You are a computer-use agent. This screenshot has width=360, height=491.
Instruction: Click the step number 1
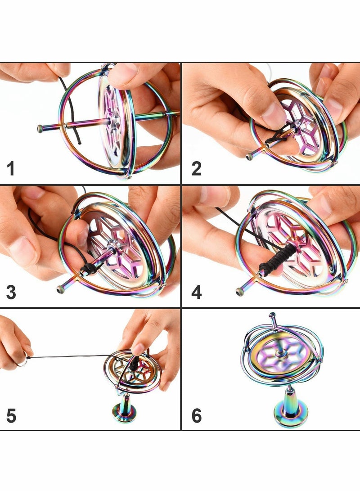[11, 169]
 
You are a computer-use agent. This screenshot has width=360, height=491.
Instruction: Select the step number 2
[196, 169]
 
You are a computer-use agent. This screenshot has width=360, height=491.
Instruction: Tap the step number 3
[11, 292]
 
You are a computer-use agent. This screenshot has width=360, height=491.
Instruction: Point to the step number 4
[196, 292]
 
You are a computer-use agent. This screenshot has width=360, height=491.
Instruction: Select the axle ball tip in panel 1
[40, 129]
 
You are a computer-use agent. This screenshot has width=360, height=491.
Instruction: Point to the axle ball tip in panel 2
[249, 157]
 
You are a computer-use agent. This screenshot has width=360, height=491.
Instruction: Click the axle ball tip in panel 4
[240, 292]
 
